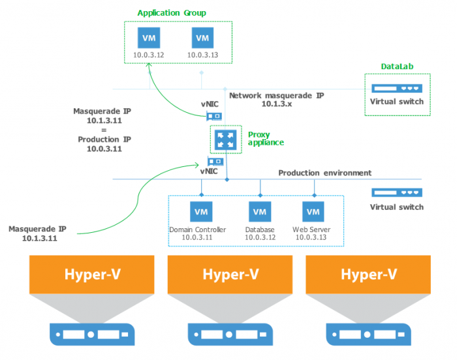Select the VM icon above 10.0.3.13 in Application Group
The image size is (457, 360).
[x=202, y=37]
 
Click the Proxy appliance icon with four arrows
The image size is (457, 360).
[x=225, y=140]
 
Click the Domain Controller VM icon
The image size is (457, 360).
[x=200, y=212]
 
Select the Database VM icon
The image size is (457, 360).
[x=259, y=212]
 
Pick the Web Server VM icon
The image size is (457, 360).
[x=313, y=212]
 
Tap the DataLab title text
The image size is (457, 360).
[x=397, y=67]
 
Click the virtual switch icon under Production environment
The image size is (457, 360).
[x=396, y=193]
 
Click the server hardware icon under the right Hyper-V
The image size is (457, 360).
[x=368, y=334]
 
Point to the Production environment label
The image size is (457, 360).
[x=324, y=173]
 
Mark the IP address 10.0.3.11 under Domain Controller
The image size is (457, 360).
[x=197, y=238]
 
